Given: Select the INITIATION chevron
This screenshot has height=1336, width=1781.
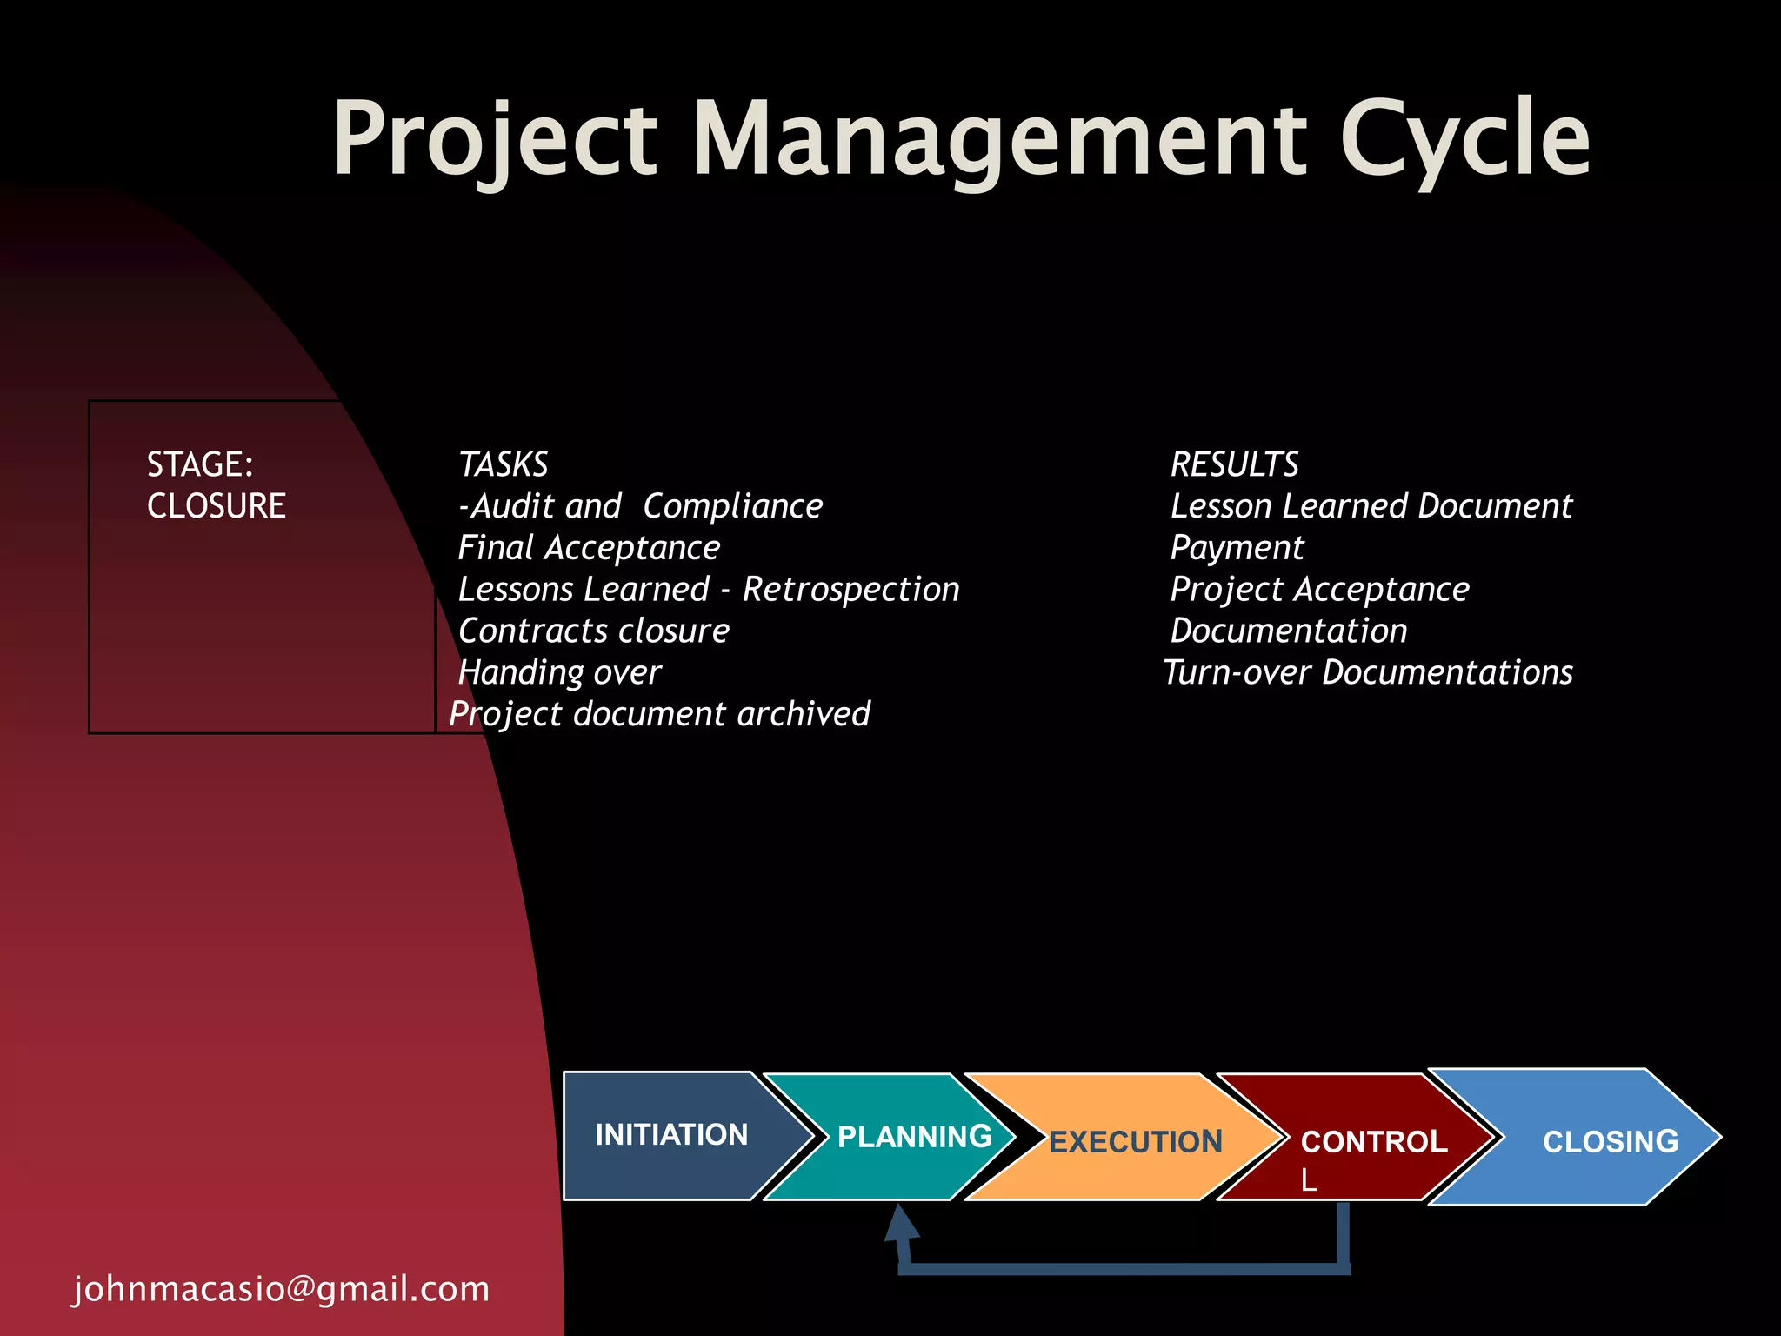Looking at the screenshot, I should point(670,1135).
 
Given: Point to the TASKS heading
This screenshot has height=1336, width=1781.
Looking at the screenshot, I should point(504,464).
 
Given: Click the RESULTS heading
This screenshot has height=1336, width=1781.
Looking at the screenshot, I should point(1234,464).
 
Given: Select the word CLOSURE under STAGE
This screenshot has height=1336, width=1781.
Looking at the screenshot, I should point(217,506).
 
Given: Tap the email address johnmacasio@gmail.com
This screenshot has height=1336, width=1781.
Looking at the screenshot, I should point(281,1289).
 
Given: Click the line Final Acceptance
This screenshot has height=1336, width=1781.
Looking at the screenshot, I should point(589,548).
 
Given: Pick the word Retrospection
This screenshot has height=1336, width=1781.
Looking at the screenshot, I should point(850,590).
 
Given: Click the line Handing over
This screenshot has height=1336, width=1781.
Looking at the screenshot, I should point(559,672).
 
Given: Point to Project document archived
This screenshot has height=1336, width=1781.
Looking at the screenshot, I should point(659,714).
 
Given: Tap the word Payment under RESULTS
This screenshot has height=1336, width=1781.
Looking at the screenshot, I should point(1237,548).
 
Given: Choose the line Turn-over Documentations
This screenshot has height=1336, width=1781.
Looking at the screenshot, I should point(1368,672).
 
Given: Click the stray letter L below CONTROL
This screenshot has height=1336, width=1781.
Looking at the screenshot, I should point(1309,1181).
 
